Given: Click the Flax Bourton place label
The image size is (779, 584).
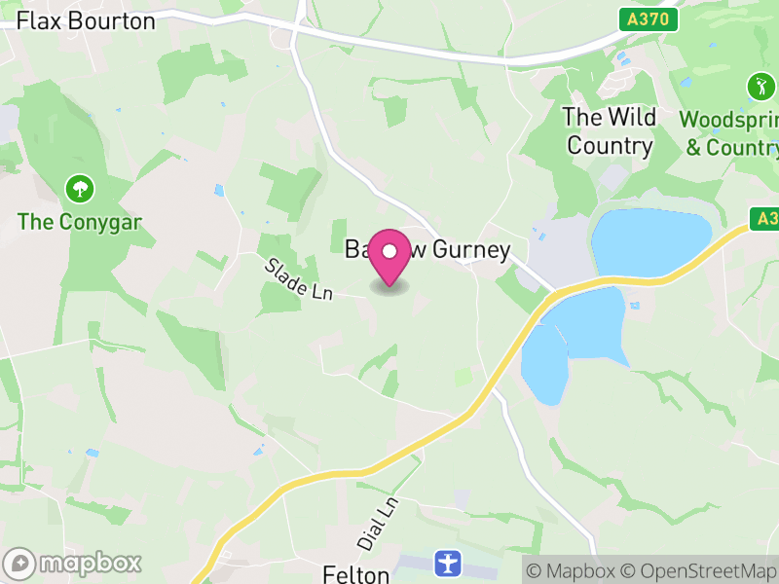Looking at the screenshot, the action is tap(86, 20).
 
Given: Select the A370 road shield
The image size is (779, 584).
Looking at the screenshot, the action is tap(648, 18).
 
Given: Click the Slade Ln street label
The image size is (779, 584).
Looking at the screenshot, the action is tap(297, 278).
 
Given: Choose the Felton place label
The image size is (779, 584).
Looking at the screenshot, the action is tap(356, 574).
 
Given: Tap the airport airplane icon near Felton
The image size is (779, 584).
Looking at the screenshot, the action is tap(447, 562).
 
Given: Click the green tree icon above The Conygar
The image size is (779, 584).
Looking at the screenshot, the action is tap(78, 187).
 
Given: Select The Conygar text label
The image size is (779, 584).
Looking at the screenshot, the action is tap(80, 222).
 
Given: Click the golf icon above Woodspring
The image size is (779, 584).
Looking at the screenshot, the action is tap(760, 87).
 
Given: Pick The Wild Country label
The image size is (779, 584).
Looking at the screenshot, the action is tap(610, 131).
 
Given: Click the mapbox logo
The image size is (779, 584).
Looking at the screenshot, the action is tap(74, 563).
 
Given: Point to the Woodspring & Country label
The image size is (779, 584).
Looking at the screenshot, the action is tap(729, 133).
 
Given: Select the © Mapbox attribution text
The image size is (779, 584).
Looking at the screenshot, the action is tap(573, 571).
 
